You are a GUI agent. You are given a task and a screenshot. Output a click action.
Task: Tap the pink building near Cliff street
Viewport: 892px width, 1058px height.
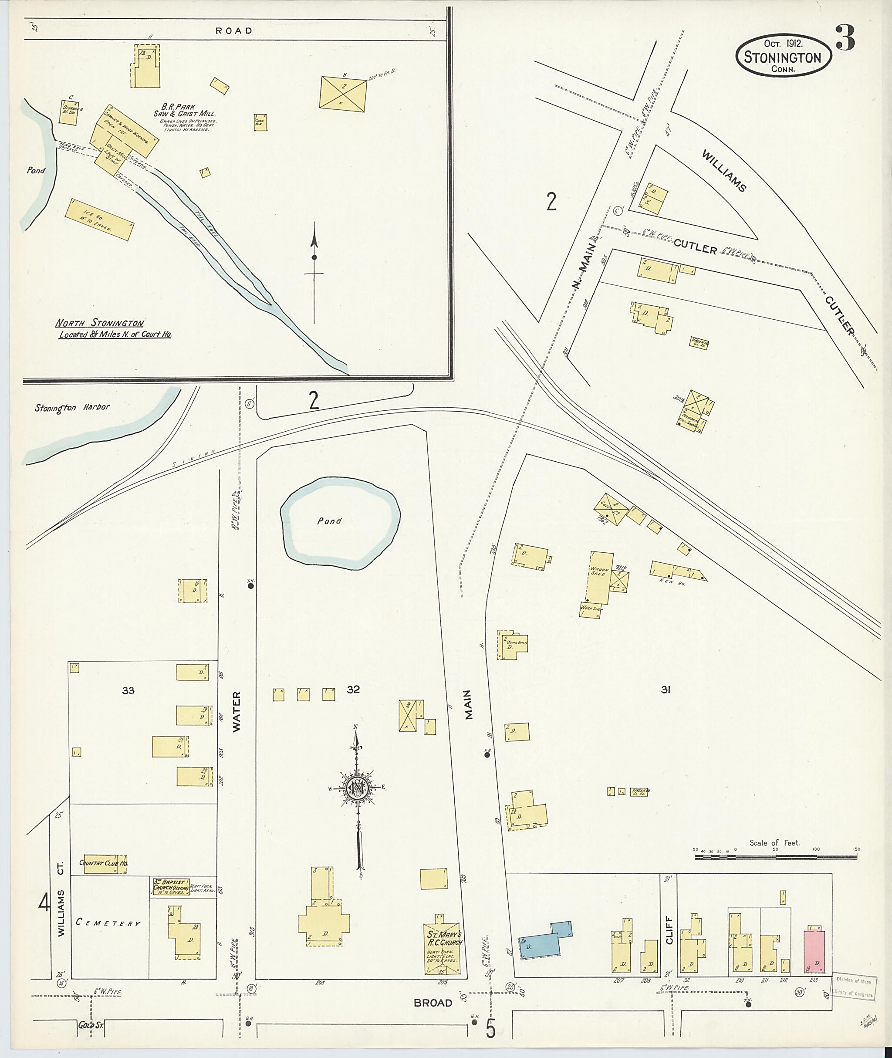pyautogui.click(x=814, y=951)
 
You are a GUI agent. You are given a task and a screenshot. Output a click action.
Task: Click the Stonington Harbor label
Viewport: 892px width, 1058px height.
pyautogui.click(x=72, y=407)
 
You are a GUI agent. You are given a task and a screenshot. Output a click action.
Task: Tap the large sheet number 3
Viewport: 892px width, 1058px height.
pyautogui.click(x=845, y=38)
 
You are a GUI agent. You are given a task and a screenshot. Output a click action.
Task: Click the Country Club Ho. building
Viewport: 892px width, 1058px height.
pyautogui.click(x=103, y=863)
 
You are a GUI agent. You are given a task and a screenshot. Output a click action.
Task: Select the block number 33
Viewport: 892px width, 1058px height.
pyautogui.click(x=128, y=690)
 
